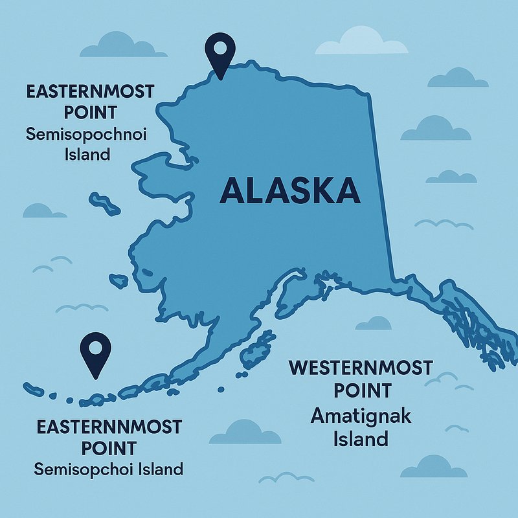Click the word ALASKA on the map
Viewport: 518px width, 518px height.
[289, 190]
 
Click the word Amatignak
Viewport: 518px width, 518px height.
[361, 416]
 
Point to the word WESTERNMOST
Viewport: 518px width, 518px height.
[360, 368]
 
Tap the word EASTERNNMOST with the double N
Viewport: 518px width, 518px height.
[109, 427]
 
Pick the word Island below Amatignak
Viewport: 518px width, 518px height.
[361, 438]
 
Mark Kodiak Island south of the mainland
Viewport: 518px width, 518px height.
[256, 350]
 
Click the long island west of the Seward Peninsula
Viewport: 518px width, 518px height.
[105, 203]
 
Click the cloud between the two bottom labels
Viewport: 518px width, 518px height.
[243, 432]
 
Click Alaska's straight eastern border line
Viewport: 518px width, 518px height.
[381, 188]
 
